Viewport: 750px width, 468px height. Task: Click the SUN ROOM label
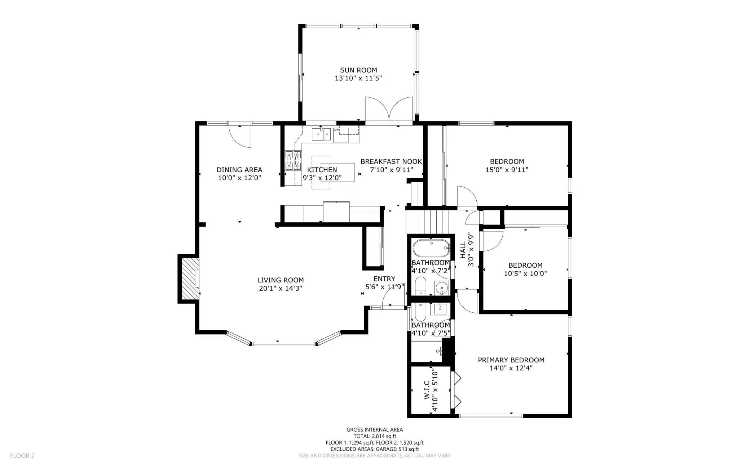(358, 70)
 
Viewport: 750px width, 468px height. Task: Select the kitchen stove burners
(293, 160)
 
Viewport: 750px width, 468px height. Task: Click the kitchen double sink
(321, 134)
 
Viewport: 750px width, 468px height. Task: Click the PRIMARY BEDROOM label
(511, 360)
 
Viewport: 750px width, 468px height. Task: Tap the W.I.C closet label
(427, 390)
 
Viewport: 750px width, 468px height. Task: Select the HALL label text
(463, 250)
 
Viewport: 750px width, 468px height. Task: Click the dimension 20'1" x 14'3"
(281, 288)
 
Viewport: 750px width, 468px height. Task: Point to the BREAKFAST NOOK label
(391, 161)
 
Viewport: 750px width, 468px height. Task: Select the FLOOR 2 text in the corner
(22, 456)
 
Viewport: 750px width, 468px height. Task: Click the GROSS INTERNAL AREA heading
(375, 429)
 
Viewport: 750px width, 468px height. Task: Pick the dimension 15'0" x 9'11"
(507, 170)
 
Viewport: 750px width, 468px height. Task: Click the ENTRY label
(384, 279)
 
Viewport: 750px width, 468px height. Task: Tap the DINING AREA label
(239, 170)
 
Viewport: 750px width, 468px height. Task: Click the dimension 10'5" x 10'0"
(525, 273)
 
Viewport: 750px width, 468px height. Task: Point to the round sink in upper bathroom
(442, 288)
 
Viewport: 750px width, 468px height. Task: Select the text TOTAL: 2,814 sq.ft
(375, 436)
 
